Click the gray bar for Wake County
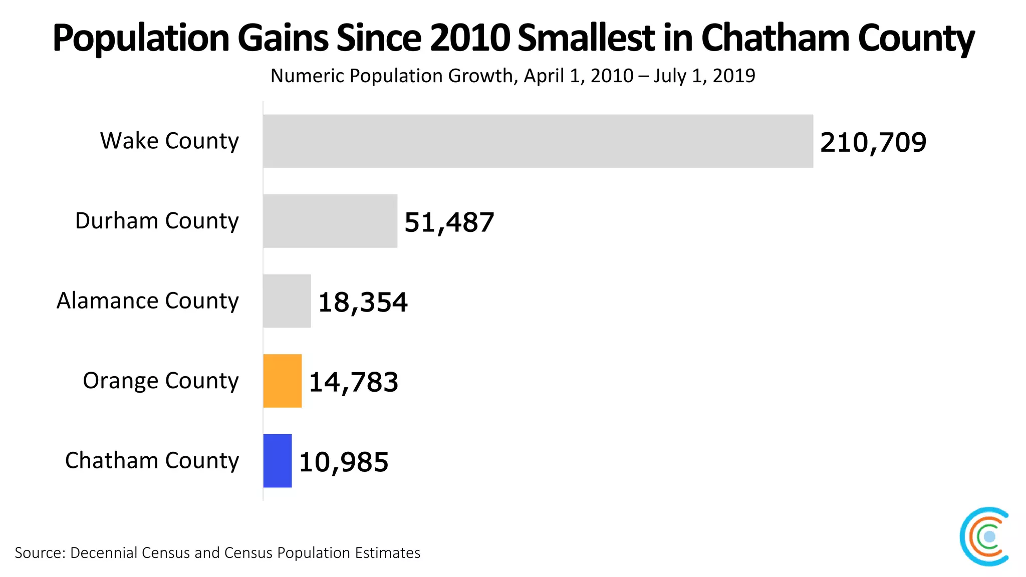coord(538,141)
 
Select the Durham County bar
coord(330,221)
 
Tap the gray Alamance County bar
coord(287,301)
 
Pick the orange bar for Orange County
coord(282,381)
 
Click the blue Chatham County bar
coord(277,460)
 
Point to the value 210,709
coord(873,142)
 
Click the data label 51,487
coord(449,222)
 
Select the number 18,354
coord(363,303)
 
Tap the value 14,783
coord(353,382)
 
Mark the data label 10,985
coord(343,462)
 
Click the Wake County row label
coord(169,141)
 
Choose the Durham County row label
coord(157,221)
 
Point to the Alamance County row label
coord(147,301)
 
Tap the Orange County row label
coord(160,381)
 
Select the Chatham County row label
coord(152,460)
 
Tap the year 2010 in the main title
coord(469,38)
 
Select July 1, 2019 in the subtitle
coord(704,76)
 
